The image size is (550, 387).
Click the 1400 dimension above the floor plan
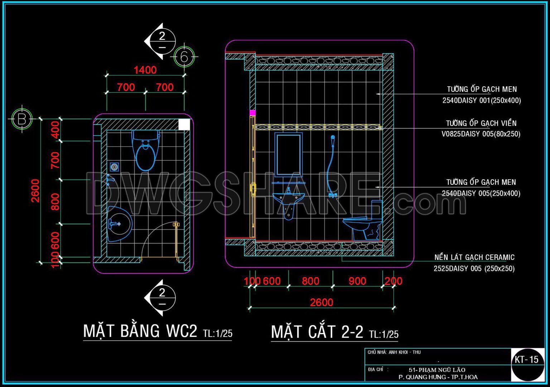click(145, 70)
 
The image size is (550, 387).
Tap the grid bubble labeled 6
click(184, 57)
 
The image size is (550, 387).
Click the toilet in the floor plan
click(146, 150)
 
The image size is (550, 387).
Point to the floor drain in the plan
click(115, 166)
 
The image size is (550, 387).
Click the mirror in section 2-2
click(288, 154)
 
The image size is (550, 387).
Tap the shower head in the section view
click(333, 138)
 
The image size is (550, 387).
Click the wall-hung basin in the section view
click(288, 202)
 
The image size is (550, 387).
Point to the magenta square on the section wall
click(252, 113)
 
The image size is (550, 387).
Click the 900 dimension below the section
click(357, 281)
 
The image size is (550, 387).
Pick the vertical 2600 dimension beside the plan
click(35, 191)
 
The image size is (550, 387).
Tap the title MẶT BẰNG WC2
click(140, 331)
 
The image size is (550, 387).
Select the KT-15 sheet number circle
click(527, 360)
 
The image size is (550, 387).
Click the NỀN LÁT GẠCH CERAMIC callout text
click(474, 257)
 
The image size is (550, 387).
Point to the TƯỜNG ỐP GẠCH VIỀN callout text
click(481, 124)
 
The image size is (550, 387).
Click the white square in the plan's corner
click(184, 125)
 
